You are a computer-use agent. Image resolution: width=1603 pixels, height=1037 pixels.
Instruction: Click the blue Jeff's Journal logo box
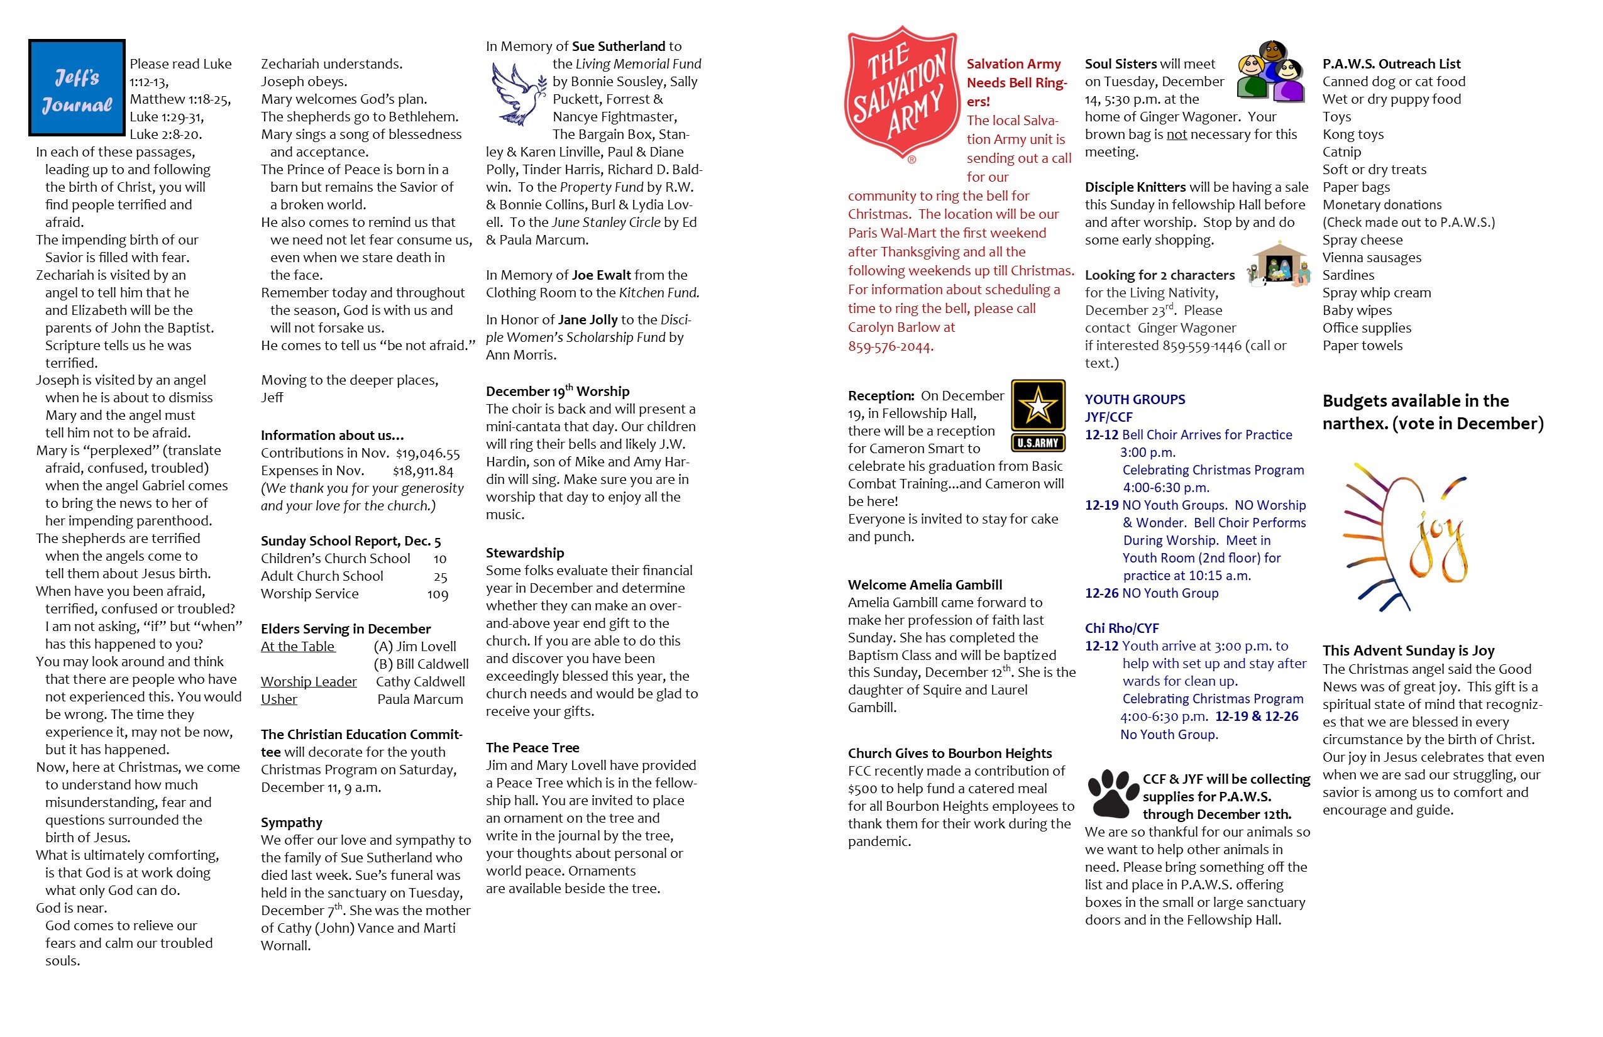77,87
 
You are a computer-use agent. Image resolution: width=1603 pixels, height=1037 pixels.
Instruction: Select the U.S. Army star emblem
1038,415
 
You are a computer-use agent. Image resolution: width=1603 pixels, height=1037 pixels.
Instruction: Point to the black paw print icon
1112,793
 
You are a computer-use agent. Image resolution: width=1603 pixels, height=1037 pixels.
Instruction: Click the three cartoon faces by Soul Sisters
1271,72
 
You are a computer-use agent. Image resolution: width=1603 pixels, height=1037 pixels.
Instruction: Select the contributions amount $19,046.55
427,454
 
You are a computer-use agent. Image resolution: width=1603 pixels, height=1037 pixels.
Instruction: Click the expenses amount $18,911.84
423,471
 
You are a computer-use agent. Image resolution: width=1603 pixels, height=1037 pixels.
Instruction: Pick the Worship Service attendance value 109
437,595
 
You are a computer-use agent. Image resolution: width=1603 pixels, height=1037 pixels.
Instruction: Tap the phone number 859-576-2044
890,347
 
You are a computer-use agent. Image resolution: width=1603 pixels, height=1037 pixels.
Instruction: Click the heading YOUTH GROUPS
1134,399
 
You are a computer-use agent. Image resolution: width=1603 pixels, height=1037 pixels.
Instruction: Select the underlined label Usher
279,700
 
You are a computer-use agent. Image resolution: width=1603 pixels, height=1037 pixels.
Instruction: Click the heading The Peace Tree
532,747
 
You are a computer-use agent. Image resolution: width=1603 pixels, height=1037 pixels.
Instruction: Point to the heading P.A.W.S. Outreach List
1391,64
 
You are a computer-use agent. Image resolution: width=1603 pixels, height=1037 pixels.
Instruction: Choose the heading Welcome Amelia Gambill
924,585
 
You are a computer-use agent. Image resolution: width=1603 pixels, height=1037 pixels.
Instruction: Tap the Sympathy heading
291,823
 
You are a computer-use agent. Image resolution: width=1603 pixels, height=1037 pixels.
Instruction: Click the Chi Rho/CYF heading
1121,628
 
